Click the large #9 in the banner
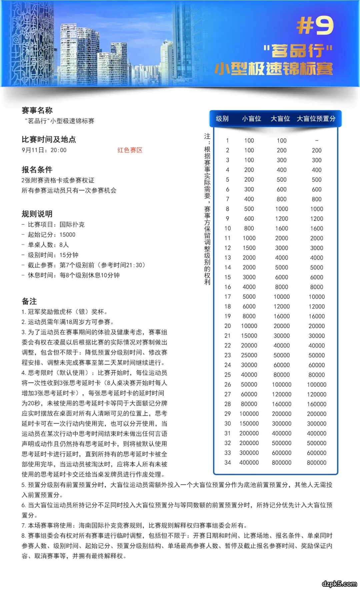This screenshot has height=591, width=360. [315, 26]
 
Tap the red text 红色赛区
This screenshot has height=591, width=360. [130, 150]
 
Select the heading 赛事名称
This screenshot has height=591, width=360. [37, 110]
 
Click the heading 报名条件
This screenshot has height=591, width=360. [37, 169]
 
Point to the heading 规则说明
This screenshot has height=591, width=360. [37, 214]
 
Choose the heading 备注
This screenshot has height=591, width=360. [29, 301]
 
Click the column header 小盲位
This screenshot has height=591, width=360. [251, 119]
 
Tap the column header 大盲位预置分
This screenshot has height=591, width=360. [316, 119]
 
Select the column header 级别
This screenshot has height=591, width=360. [222, 119]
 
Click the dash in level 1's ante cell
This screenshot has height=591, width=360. [317, 140]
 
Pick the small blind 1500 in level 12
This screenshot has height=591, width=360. [249, 248]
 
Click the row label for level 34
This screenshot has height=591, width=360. [228, 463]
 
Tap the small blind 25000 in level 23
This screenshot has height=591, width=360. [249, 355]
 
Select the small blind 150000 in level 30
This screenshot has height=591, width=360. [249, 424]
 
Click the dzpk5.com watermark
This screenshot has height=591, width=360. [339, 584]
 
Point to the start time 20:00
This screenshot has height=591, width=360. [59, 150]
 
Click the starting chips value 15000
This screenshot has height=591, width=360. [67, 234]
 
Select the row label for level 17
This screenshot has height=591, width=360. [228, 297]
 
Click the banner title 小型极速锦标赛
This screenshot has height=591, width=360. [274, 69]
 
